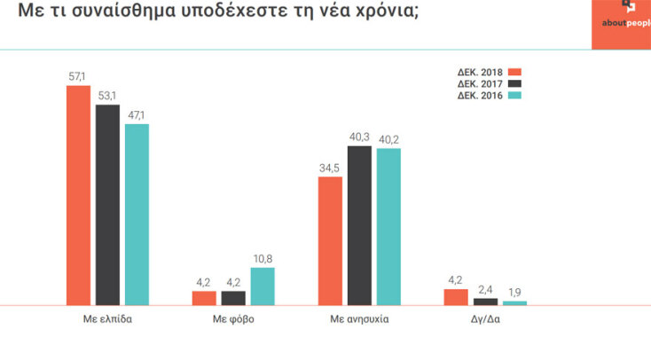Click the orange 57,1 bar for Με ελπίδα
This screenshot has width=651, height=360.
79,195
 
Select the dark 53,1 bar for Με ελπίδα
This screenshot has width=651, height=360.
107,204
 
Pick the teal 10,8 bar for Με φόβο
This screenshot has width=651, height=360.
263,286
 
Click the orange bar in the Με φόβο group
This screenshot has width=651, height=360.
204,298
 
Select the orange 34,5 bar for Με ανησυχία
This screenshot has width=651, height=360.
330,240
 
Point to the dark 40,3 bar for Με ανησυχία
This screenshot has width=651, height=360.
359,225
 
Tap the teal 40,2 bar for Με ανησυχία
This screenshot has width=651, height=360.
388,226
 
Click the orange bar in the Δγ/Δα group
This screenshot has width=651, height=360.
455,297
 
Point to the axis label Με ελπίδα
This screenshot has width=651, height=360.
108,317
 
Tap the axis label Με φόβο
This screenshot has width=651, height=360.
233,317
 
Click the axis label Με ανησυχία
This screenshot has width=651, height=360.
358,317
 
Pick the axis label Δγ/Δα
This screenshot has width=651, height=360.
485,317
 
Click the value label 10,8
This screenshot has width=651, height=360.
263,259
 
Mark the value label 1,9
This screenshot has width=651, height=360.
515,293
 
